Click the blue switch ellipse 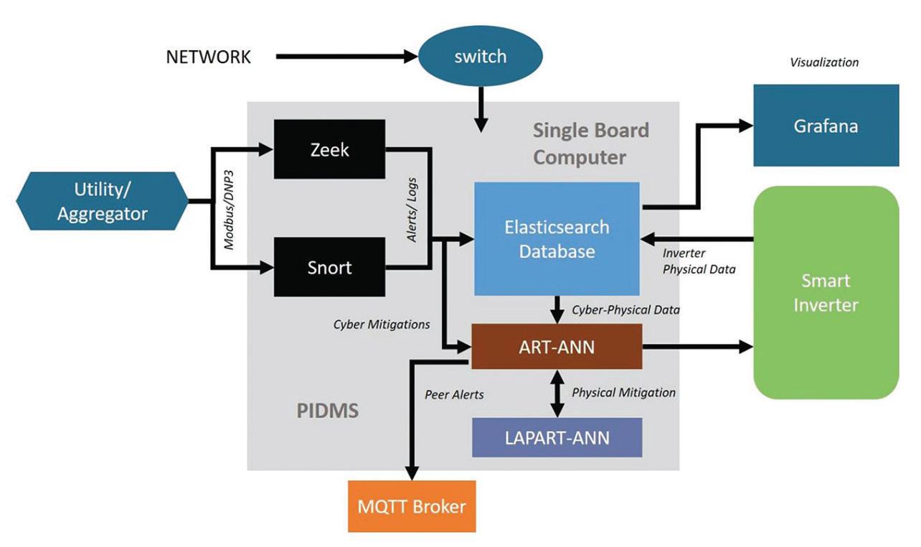coord(480,57)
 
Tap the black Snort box coord(330,268)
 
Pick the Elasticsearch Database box coord(557,239)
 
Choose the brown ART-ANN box coord(556,347)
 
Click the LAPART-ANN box coord(557,437)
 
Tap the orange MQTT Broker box coord(412,506)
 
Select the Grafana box coord(826,126)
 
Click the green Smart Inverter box coord(826,292)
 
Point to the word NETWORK coord(209,57)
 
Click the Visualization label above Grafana coord(824,62)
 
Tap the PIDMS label coord(327,411)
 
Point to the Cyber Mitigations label coord(382,324)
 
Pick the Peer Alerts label coord(454,395)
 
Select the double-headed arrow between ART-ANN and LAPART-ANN coord(557,393)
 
